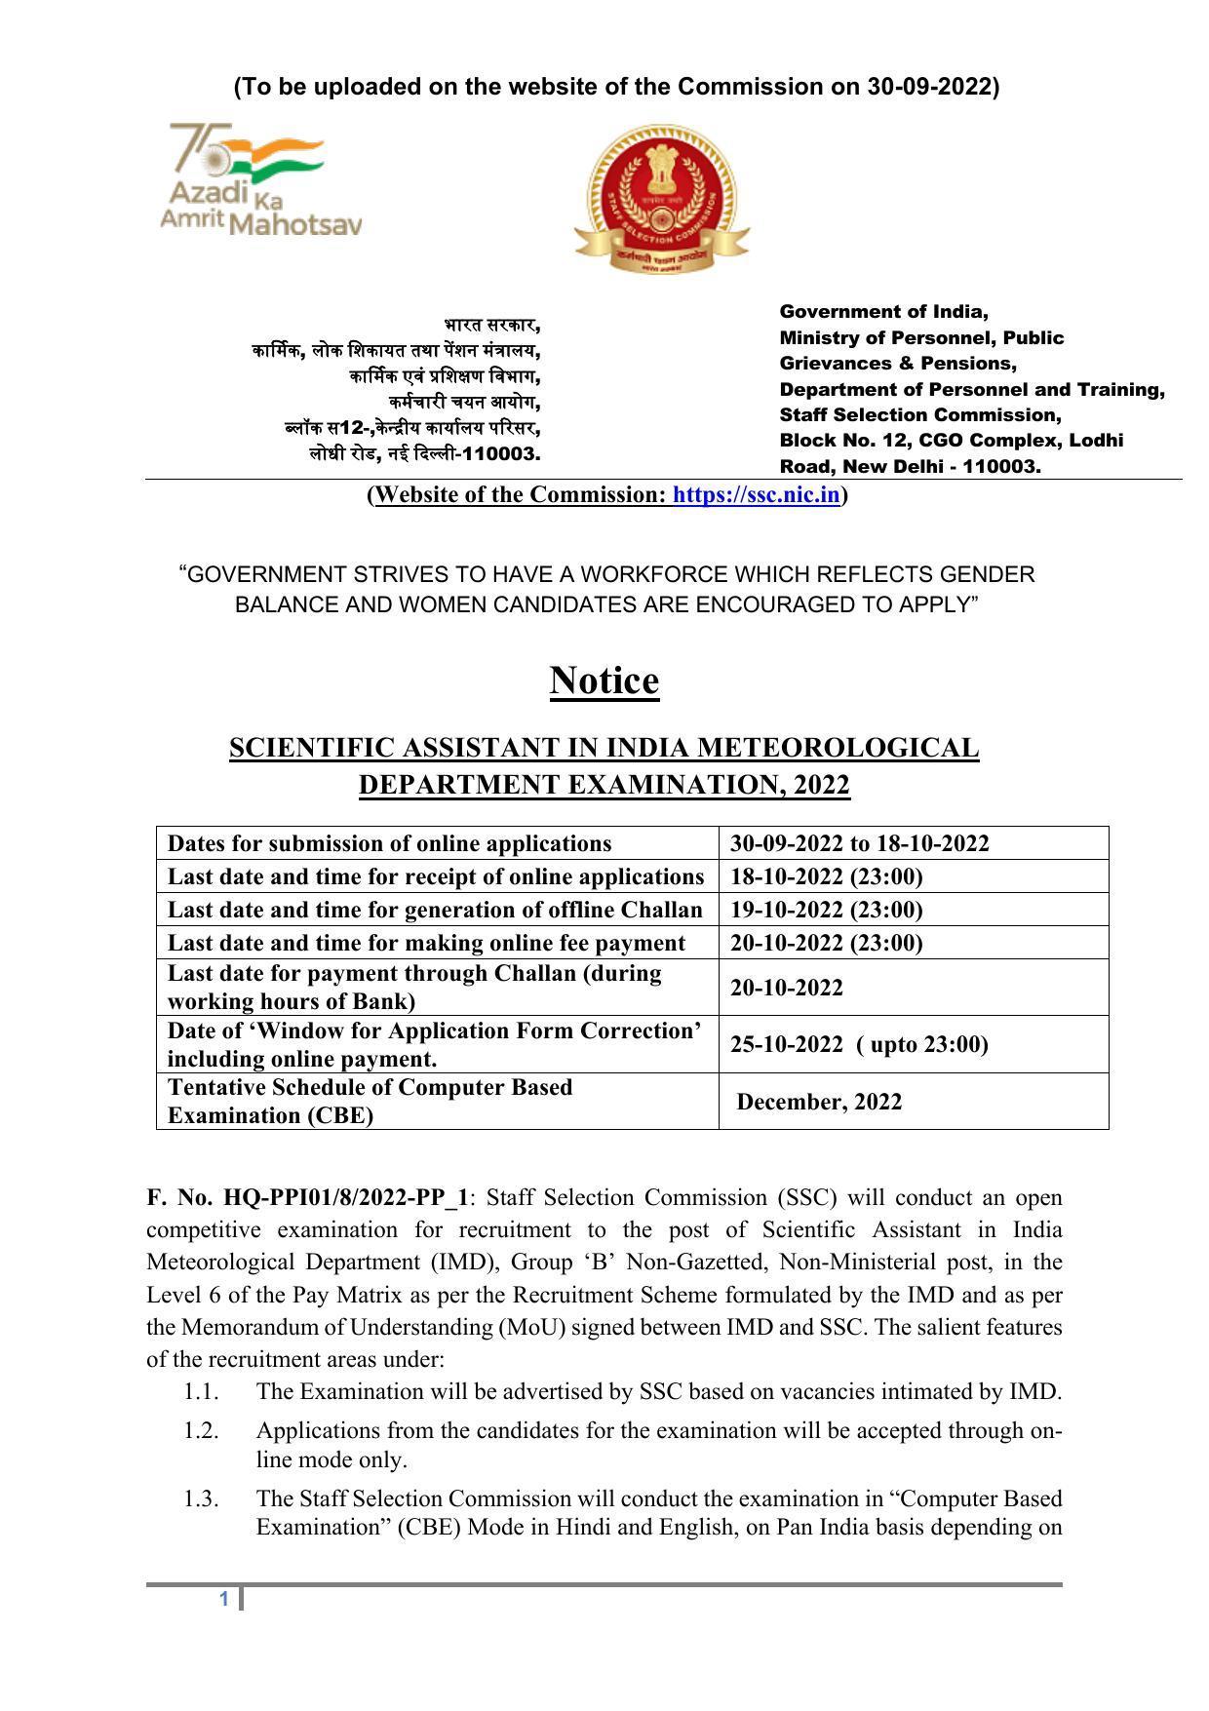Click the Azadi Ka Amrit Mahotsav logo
(x=259, y=180)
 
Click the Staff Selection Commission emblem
(x=661, y=199)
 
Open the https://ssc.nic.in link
(x=756, y=495)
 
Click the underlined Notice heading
(x=604, y=681)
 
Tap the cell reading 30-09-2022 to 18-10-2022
(x=859, y=843)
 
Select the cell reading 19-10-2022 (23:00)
(x=826, y=910)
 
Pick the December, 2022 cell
(x=819, y=1102)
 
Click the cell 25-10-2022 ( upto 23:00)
(x=858, y=1044)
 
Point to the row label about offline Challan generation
(x=435, y=910)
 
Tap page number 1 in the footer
(x=224, y=1599)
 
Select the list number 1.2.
(x=201, y=1430)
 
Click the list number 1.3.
(x=201, y=1497)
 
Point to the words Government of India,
(x=883, y=312)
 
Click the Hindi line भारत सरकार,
(x=492, y=325)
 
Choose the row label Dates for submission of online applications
(x=389, y=843)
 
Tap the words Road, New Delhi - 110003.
(x=910, y=466)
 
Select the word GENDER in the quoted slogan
(x=987, y=574)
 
